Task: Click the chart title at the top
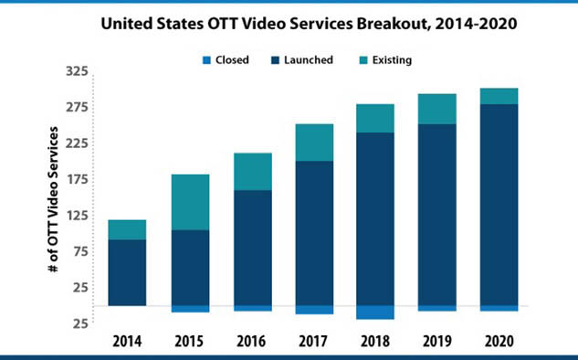pyautogui.click(x=309, y=24)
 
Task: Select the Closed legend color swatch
pyautogui.click(x=206, y=60)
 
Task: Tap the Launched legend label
pyautogui.click(x=309, y=59)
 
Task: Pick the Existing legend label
pyautogui.click(x=392, y=60)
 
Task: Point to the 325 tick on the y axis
pyautogui.click(x=78, y=71)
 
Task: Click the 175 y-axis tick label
pyautogui.click(x=78, y=180)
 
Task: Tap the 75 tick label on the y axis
pyautogui.click(x=80, y=251)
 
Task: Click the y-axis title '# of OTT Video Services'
pyautogui.click(x=54, y=199)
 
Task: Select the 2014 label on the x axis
pyautogui.click(x=127, y=341)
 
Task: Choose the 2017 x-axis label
pyautogui.click(x=313, y=341)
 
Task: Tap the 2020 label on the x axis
pyautogui.click(x=499, y=341)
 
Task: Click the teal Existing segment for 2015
pyautogui.click(x=191, y=202)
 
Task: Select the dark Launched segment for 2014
pyautogui.click(x=127, y=272)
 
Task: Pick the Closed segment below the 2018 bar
pyautogui.click(x=375, y=312)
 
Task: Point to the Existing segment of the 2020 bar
pyautogui.click(x=499, y=96)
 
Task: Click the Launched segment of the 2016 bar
pyautogui.click(x=253, y=248)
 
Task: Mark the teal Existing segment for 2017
pyautogui.click(x=314, y=143)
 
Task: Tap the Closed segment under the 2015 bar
pyautogui.click(x=191, y=309)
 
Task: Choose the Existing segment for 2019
pyautogui.click(x=437, y=109)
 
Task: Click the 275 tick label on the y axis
pyautogui.click(x=78, y=107)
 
